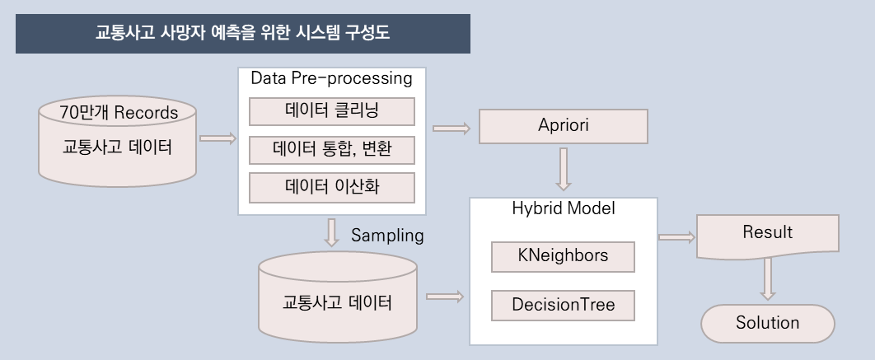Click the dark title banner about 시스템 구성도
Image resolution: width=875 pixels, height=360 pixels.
pos(242,34)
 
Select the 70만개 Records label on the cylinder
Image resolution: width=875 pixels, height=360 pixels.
pos(118,112)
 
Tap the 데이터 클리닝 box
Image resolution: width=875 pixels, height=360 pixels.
pos(331,110)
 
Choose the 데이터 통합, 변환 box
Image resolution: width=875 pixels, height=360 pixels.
pos(331,150)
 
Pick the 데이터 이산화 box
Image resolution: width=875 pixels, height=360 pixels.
pos(331,188)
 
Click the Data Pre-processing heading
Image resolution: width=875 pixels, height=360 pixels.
pos(331,79)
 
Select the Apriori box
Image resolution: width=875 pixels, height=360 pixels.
pos(563,127)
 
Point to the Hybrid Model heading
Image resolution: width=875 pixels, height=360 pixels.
pos(563,208)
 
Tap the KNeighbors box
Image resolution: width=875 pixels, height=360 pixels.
pos(563,256)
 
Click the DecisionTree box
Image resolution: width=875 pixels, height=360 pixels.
pos(563,305)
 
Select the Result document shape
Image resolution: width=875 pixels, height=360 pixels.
pos(767,234)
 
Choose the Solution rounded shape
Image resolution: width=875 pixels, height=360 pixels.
pos(767,323)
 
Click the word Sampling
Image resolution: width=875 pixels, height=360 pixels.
pos(387,236)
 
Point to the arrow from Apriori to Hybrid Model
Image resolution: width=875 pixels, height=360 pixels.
pos(564,169)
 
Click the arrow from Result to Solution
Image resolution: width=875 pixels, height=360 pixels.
pos(768,278)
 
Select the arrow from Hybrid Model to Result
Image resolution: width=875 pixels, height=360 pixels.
pos(676,237)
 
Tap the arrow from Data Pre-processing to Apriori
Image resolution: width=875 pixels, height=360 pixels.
pos(451,128)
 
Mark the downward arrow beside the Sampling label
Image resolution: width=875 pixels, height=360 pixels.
pos(332,232)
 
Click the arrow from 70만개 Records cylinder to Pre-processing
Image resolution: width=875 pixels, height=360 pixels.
pos(218,138)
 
